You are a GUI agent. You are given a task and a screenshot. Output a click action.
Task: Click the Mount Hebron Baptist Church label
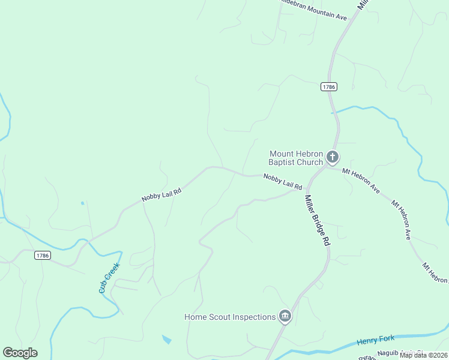coord(296,158)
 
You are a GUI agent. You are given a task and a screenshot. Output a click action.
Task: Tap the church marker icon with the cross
coord(333,158)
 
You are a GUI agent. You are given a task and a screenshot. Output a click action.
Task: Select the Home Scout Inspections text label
coord(230,317)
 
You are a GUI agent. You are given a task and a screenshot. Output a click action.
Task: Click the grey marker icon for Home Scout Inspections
coord(285,316)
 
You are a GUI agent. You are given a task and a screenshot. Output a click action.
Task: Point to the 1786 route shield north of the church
coord(328,86)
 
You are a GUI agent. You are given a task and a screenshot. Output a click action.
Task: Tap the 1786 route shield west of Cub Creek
coord(42,255)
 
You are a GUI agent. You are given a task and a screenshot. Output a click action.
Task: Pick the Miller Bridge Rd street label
coord(318,220)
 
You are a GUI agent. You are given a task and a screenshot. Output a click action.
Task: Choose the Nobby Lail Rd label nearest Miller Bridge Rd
coord(282,181)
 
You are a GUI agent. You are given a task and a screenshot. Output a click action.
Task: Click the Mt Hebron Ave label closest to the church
coord(361,180)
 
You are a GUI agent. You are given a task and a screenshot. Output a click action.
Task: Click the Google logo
coord(20,353)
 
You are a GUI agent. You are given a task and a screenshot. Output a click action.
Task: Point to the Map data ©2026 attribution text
coord(423,355)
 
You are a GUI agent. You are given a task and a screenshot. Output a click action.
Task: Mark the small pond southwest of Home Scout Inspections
coord(166,340)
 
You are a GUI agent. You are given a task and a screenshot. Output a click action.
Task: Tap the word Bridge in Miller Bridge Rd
coord(318,221)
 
